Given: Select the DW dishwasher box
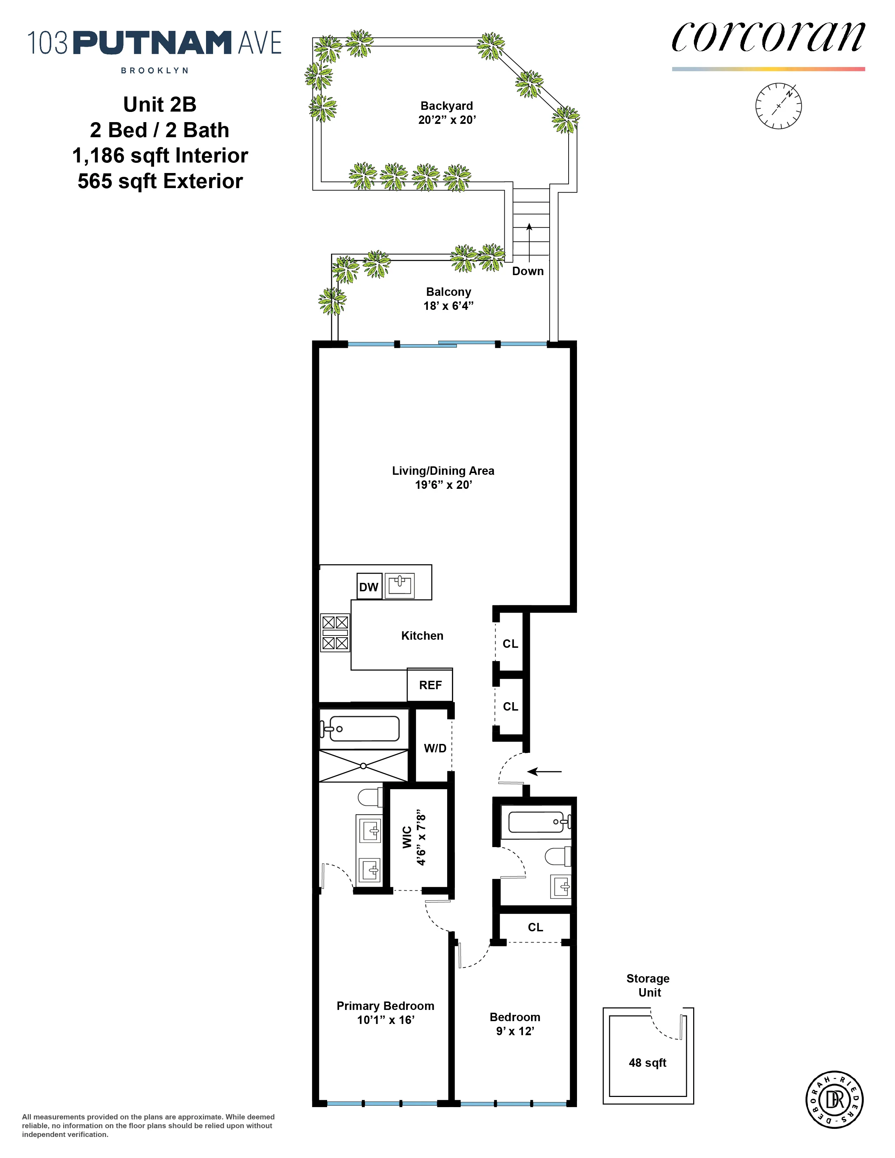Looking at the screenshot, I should coord(369,586).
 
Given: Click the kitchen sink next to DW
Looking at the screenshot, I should coord(399,585).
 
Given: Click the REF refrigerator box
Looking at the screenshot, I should coord(430,685).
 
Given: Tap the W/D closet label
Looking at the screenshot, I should coord(435,748).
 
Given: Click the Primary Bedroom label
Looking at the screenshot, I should coord(385,1006).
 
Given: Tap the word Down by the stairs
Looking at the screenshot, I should coord(528,271).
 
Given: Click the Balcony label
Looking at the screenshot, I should coord(449,292).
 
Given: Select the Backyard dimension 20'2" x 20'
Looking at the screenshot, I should coord(447,120).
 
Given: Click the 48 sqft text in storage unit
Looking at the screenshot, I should coord(648,1063).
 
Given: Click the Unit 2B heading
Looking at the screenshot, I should coord(160,105).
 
